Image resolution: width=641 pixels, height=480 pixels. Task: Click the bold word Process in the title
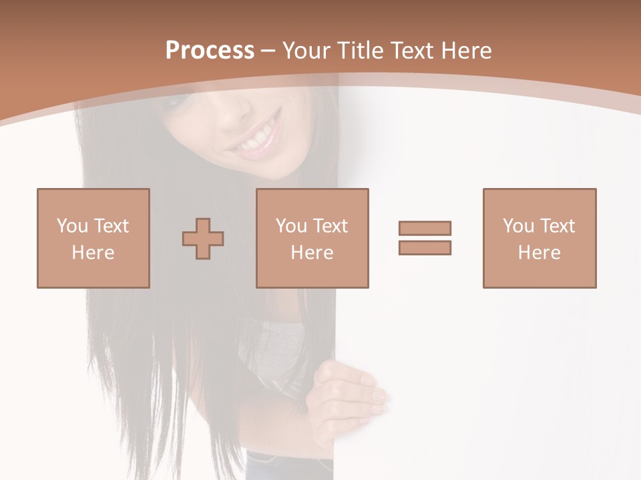coord(210,51)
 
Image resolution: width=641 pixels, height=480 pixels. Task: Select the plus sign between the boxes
coord(203,239)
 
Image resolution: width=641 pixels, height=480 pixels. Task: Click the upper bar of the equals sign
coord(425,228)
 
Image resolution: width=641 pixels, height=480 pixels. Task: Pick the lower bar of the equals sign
coord(425,247)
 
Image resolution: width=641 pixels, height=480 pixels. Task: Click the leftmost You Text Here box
coord(93,238)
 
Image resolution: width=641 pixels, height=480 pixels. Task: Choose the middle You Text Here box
coord(312,238)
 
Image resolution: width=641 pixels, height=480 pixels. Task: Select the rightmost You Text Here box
coord(539,238)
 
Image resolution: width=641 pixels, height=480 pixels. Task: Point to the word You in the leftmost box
coord(71,226)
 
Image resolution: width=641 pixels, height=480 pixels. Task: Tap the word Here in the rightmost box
coord(539,253)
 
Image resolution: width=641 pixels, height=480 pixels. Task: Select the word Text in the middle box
coord(331,226)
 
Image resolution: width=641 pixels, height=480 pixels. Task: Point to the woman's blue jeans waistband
coord(287,460)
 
